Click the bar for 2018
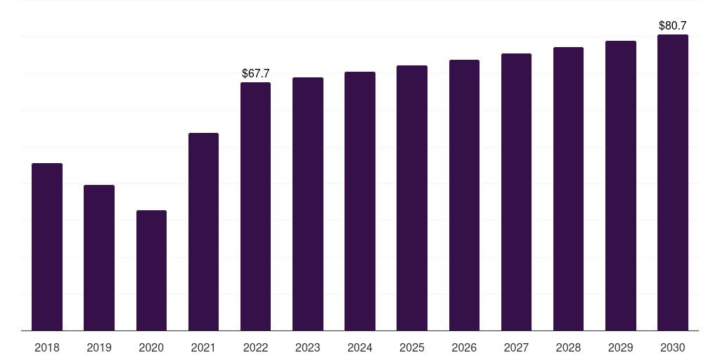tap(47, 247)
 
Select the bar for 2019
tap(99, 257)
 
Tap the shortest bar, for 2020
tap(152, 271)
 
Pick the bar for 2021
tap(203, 232)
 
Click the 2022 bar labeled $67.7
tap(255, 207)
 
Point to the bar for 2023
tap(308, 204)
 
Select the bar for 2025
tap(412, 198)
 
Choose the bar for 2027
tap(516, 192)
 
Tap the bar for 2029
tap(621, 186)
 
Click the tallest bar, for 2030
tap(673, 183)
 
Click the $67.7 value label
tap(256, 73)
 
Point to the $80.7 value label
tap(673, 26)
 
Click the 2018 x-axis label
tap(47, 347)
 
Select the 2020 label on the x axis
tap(151, 347)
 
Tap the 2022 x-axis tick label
tap(255, 347)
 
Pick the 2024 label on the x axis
tap(359, 347)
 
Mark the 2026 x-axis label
tap(464, 347)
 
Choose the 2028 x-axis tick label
tap(568, 347)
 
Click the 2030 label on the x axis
tap(673, 347)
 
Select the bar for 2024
tap(360, 201)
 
